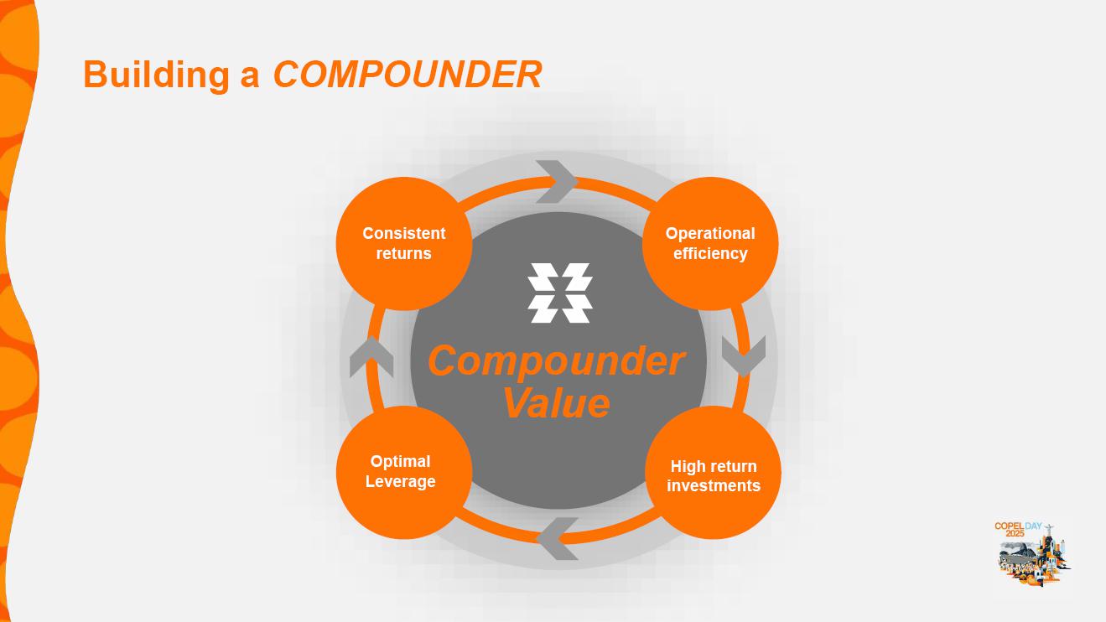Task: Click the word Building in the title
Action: (156, 74)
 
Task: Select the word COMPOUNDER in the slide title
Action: (408, 74)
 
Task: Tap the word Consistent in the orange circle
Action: (404, 233)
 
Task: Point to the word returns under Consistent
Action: (404, 253)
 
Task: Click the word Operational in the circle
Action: (710, 233)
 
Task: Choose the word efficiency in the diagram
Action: (710, 253)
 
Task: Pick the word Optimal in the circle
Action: (401, 461)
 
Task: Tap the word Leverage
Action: (401, 481)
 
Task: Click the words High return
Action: (714, 466)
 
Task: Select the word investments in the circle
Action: (714, 485)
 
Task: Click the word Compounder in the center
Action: (556, 361)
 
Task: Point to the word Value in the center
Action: (556, 402)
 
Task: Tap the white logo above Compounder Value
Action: (560, 293)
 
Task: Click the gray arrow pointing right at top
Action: (556, 181)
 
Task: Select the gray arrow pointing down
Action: (744, 356)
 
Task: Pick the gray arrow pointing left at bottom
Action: (558, 538)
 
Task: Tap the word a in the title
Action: (250, 74)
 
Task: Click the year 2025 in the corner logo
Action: (1015, 534)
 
